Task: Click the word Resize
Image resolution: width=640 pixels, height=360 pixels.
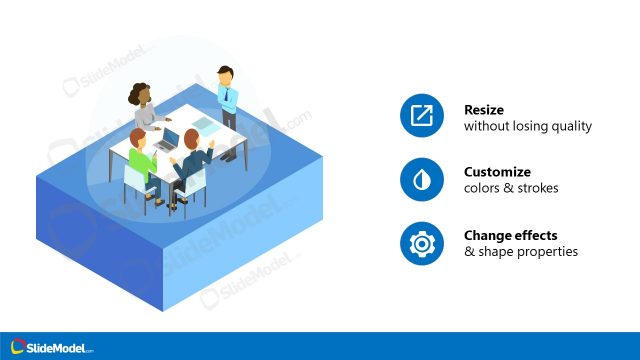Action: pos(484,110)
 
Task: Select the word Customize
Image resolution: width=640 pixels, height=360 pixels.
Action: pos(497,171)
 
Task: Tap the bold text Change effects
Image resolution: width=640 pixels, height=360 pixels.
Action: pos(511,235)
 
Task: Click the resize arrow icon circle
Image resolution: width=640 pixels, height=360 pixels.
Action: pos(422,117)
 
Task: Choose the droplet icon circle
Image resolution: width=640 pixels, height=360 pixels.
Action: pos(422,180)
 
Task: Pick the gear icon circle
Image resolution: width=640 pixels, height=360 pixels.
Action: pos(422,243)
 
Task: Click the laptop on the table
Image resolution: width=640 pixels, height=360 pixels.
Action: pos(169,138)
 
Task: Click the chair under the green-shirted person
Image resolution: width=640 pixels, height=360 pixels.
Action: pos(137,181)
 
